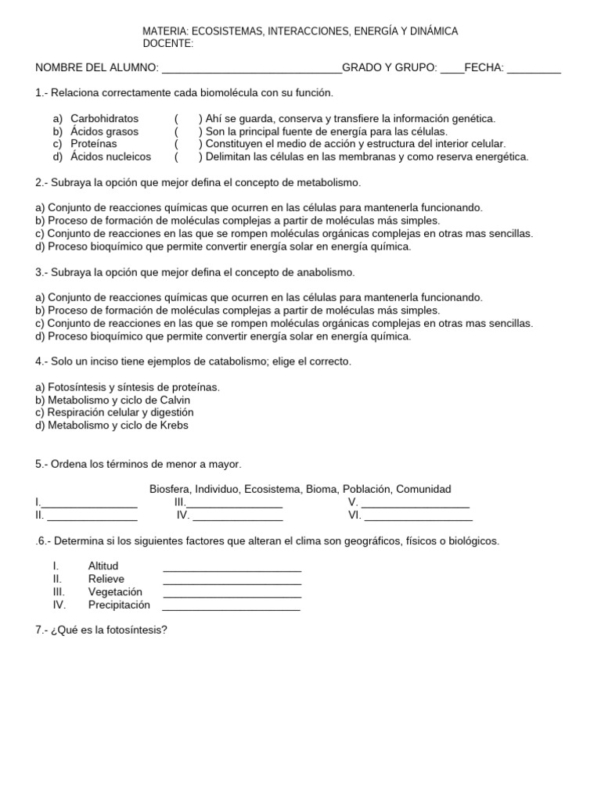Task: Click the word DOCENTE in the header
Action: point(167,43)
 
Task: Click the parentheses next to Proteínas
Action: point(189,144)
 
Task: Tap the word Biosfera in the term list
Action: point(170,489)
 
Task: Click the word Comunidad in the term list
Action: point(423,489)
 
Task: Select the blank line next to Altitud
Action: point(232,567)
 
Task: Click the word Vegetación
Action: point(116,592)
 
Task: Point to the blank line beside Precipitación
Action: point(232,606)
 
